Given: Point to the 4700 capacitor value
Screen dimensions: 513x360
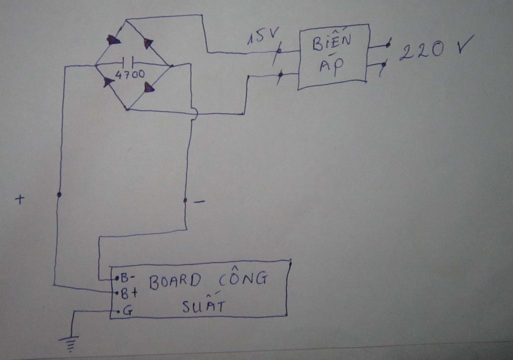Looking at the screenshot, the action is coord(130,75).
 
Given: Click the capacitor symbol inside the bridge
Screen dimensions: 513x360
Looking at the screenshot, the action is coord(128,62).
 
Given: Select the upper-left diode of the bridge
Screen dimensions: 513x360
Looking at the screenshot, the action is coord(113,40).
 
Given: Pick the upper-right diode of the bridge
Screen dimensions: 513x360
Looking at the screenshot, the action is coord(148,43).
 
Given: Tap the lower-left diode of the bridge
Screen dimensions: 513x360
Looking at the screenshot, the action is coord(108,82).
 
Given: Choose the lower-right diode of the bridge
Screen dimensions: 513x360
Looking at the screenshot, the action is coord(149,87).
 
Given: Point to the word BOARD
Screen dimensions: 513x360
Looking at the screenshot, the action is coord(175,281).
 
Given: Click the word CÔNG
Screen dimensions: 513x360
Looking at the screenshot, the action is coord(243,279).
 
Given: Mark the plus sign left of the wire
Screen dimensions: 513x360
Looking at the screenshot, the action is coord(20,199).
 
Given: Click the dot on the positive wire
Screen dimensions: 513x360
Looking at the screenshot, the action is coord(59,195).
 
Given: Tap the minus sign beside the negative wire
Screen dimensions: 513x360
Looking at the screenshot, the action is coord(199,201).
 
